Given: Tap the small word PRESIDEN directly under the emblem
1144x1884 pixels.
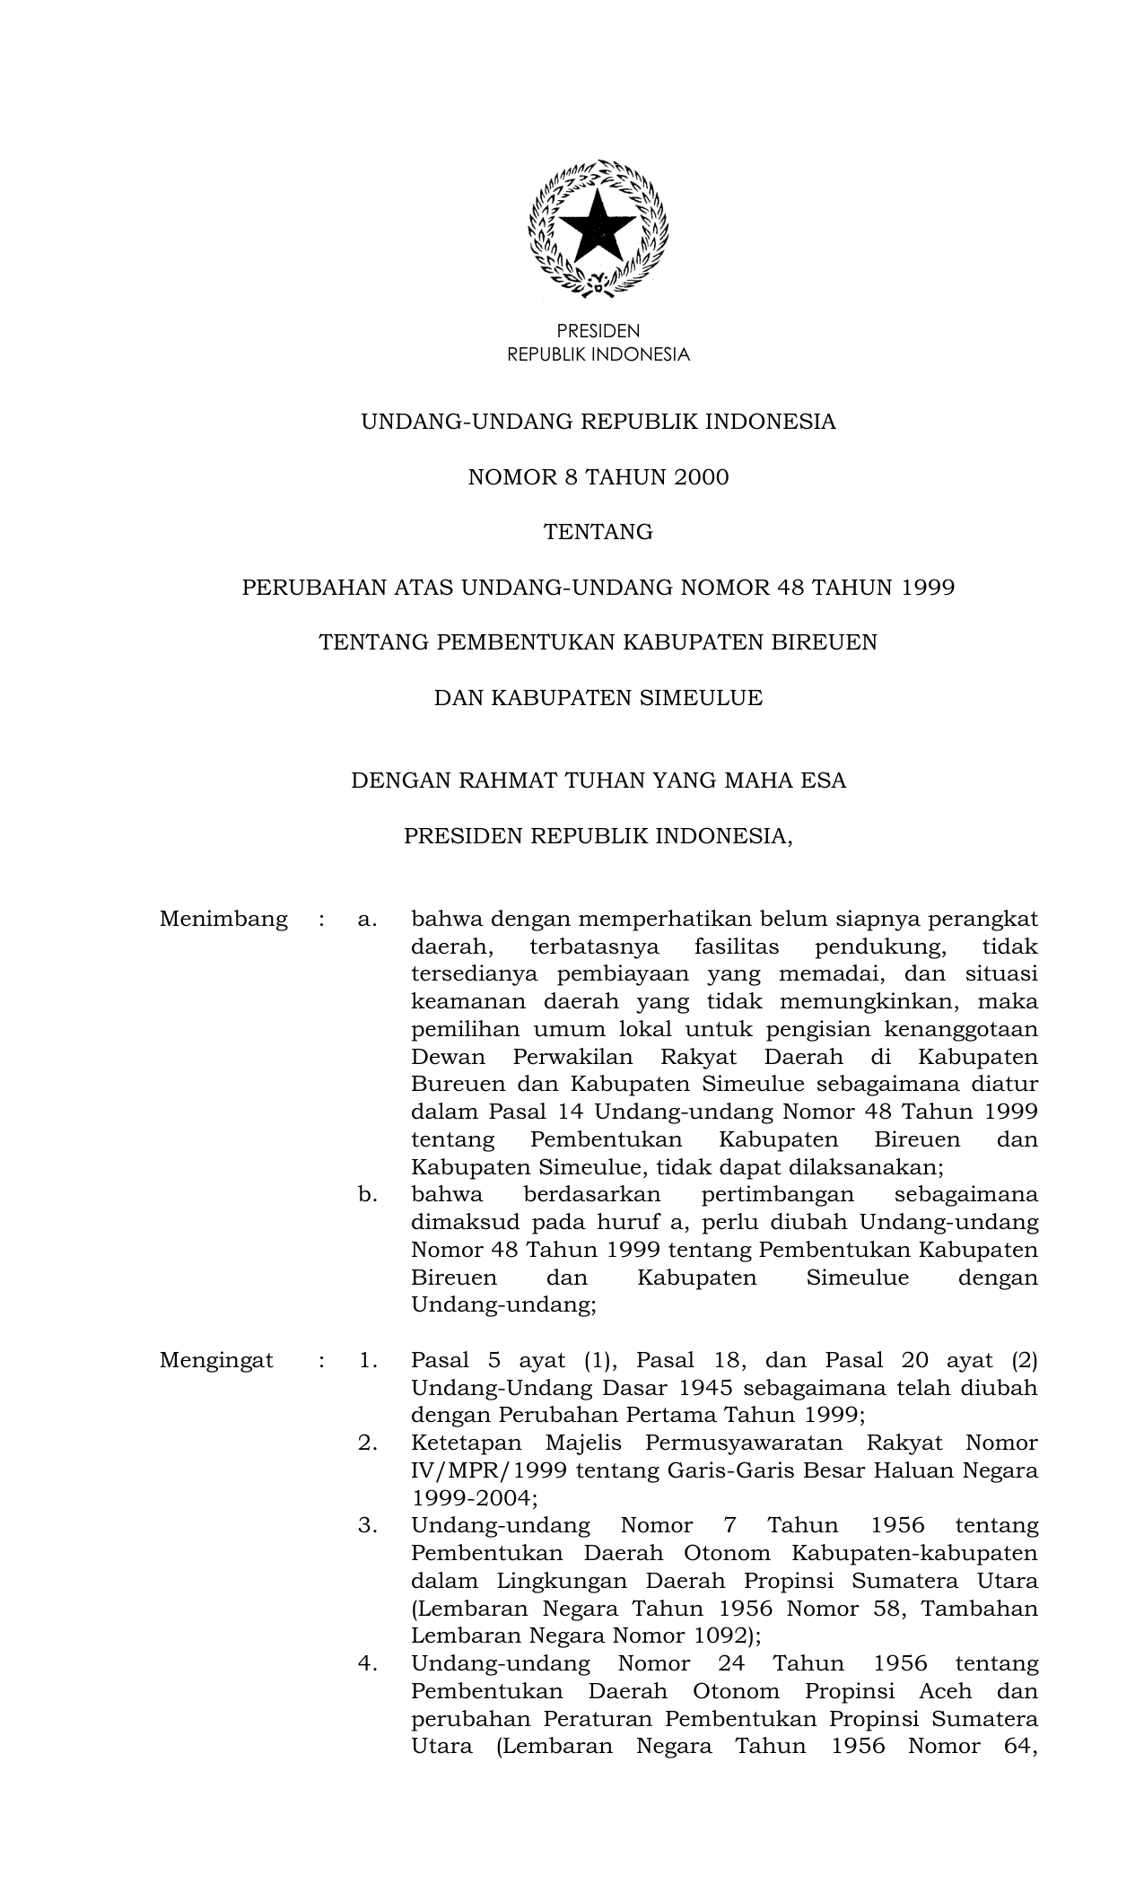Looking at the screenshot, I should (598, 331).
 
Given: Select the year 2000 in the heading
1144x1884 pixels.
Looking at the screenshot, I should (702, 477).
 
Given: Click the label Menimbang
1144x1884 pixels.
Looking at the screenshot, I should (223, 920).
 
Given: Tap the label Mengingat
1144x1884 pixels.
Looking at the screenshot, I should (216, 1361).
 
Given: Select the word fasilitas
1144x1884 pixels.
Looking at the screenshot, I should (737, 947).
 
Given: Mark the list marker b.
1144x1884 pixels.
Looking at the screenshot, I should (366, 1195).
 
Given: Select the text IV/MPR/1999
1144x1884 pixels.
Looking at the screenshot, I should (487, 1471).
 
